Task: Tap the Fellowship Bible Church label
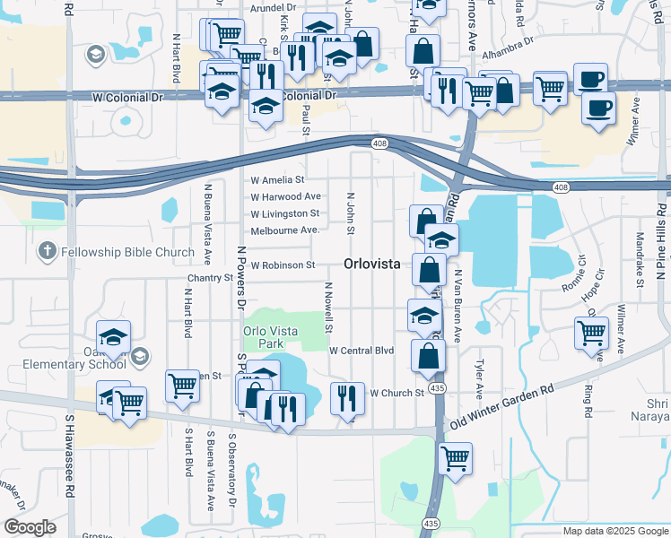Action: point(127,252)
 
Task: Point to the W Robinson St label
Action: point(283,265)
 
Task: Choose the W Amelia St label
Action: point(278,180)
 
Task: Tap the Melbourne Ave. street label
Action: point(285,230)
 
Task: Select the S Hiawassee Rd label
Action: point(68,456)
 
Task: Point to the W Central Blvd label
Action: point(362,351)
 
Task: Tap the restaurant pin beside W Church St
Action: point(347,396)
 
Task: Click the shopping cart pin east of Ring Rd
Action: point(591,333)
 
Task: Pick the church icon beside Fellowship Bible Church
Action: point(48,252)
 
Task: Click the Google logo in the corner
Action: point(30,526)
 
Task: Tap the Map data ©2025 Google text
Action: point(614,531)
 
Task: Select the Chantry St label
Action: point(210,279)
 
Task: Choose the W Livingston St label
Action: point(284,213)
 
